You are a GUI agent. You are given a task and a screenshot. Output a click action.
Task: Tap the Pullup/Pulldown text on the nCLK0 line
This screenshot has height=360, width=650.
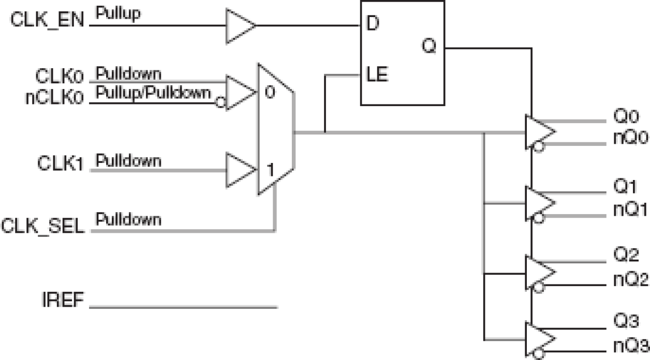(154, 93)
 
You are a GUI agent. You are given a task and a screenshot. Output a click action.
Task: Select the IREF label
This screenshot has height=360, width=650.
(62, 300)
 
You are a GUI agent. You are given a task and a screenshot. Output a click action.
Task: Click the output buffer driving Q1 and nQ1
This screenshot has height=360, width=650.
(539, 202)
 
